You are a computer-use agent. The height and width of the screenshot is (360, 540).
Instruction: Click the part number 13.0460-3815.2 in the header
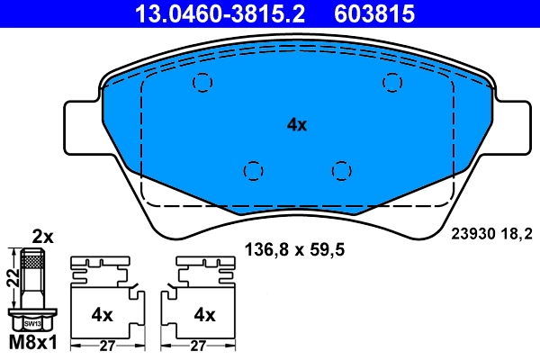tap(208, 13)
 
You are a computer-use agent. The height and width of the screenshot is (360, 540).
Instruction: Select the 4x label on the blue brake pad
tap(296, 125)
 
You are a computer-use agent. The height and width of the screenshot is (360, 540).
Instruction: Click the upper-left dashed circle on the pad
tap(202, 83)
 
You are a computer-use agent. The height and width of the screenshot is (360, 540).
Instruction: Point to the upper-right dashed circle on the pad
tap(391, 83)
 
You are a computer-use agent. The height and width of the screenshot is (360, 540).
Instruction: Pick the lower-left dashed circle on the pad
tap(253, 169)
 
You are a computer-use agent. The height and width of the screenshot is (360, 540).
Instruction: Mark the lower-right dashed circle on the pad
tap(339, 169)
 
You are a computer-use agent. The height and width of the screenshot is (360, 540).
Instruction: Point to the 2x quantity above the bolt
tap(42, 238)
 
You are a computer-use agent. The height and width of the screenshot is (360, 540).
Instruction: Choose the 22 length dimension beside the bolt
tap(12, 280)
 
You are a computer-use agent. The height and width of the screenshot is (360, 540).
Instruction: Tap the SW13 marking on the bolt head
tap(31, 322)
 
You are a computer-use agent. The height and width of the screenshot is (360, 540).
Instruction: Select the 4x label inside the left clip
tap(101, 314)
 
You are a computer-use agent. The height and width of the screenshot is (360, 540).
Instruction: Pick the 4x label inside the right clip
tap(205, 314)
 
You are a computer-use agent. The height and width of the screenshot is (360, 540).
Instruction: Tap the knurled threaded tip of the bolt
tap(32, 262)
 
